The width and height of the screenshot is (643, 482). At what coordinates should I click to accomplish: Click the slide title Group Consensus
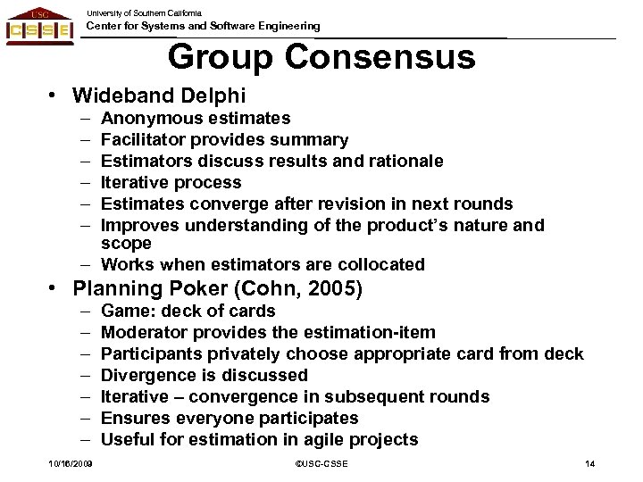click(x=321, y=58)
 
